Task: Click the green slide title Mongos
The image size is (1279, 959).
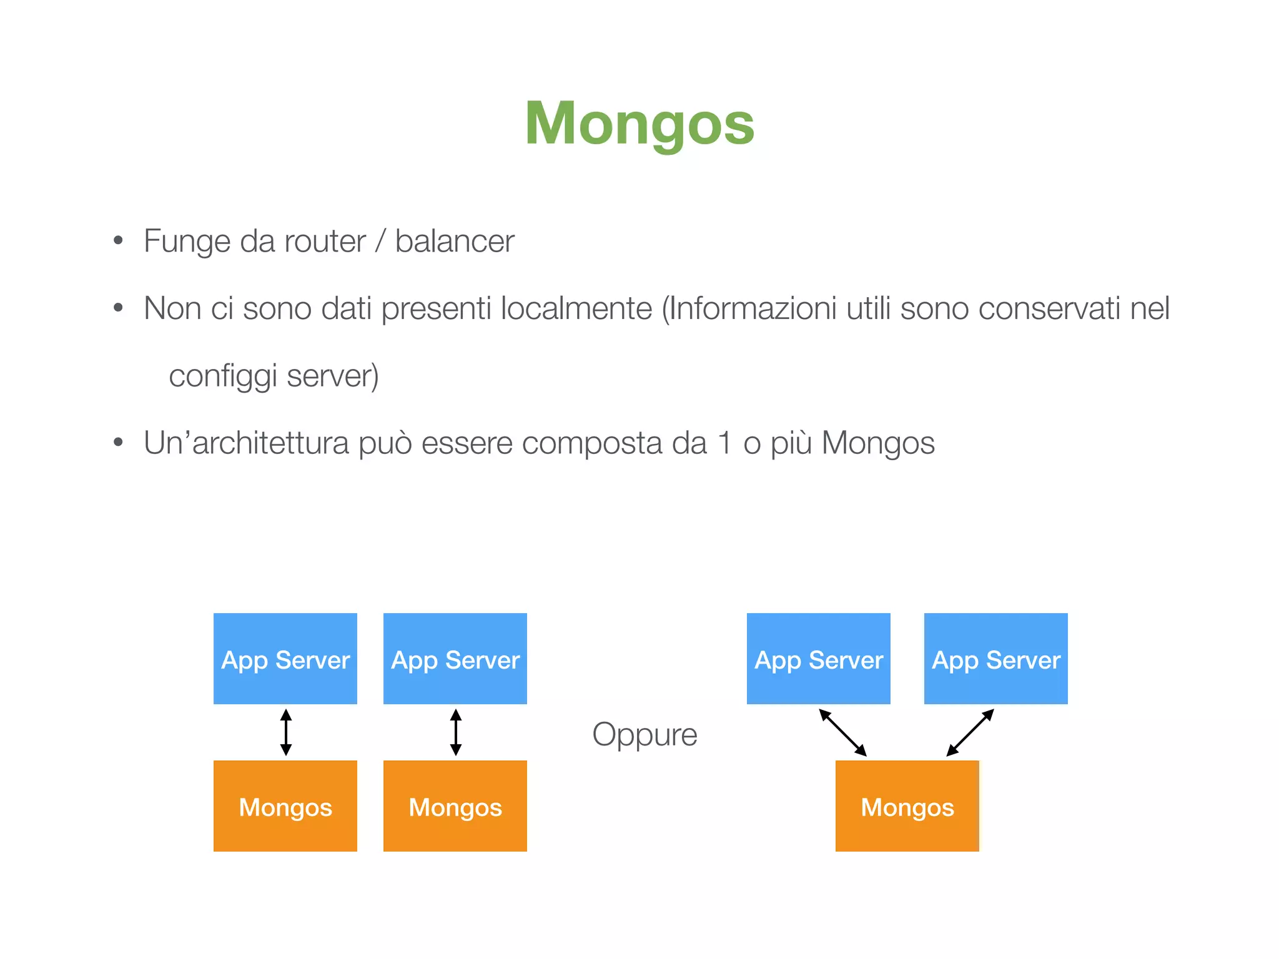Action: tap(639, 124)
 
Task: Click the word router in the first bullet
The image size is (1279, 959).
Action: tap(325, 242)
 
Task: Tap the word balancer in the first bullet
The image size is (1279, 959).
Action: tap(455, 242)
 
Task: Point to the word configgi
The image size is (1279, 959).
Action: tap(222, 376)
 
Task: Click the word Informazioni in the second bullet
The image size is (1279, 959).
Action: tap(752, 308)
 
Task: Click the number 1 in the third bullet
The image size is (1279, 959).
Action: tap(725, 443)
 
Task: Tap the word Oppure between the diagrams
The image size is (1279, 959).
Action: tap(644, 734)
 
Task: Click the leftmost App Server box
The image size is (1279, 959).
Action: tap(285, 659)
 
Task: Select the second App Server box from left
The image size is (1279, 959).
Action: tap(455, 659)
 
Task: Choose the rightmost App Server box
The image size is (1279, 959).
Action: tap(996, 659)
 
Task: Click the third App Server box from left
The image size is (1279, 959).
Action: tap(819, 659)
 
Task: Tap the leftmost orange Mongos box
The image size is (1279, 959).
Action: tap(285, 806)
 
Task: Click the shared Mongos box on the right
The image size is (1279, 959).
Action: tap(907, 806)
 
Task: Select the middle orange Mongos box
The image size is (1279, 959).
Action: tap(455, 806)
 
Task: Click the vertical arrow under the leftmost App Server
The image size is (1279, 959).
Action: tap(286, 732)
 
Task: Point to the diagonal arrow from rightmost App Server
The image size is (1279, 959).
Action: tap(970, 733)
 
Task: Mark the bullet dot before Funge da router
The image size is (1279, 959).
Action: tap(118, 241)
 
